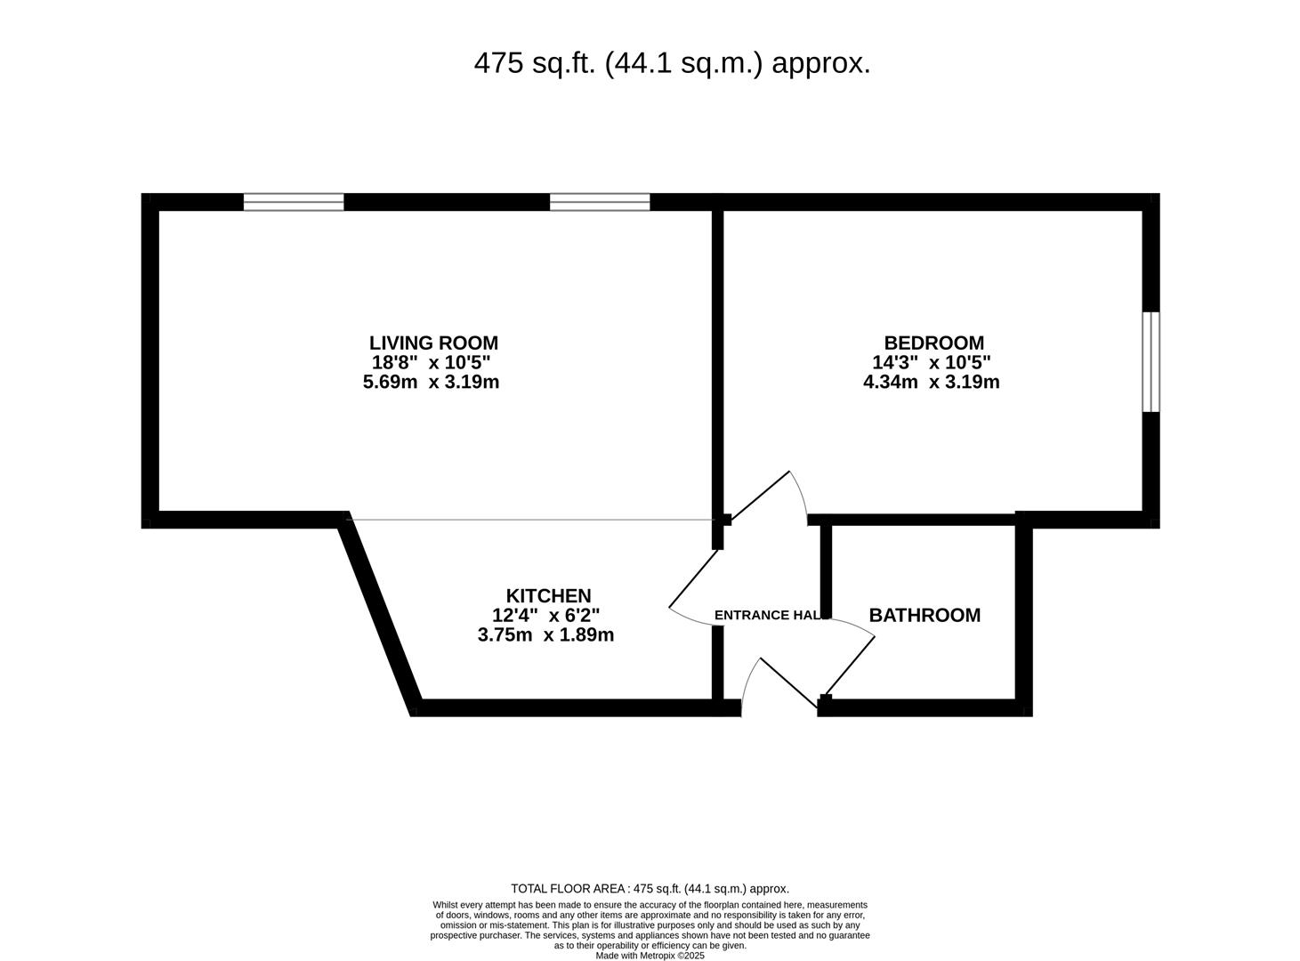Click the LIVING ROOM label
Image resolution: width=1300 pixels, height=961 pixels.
pos(433,343)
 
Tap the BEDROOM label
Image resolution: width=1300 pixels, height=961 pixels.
pos(933,343)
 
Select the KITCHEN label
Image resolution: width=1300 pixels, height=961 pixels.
pos(548,596)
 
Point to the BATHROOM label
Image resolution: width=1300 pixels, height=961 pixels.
pos(925,615)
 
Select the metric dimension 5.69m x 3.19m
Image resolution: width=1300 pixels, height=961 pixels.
pos(431,383)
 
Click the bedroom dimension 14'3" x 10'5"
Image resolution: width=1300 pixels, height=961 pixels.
pos(932,362)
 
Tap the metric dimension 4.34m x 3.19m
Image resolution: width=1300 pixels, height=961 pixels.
pos(932,383)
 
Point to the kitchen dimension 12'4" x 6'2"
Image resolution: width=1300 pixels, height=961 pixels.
pos(545,616)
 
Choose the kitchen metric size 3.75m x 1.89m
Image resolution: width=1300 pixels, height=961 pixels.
pos(545,635)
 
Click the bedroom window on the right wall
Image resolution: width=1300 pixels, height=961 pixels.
pos(1151,362)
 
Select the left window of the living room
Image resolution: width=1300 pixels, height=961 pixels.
pos(294,202)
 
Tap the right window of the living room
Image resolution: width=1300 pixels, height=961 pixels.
pos(600,202)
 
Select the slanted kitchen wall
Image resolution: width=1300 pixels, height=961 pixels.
pos(380,614)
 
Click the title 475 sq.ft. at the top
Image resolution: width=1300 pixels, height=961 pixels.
pos(673,63)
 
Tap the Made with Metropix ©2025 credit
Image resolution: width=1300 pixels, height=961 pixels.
pos(650,955)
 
